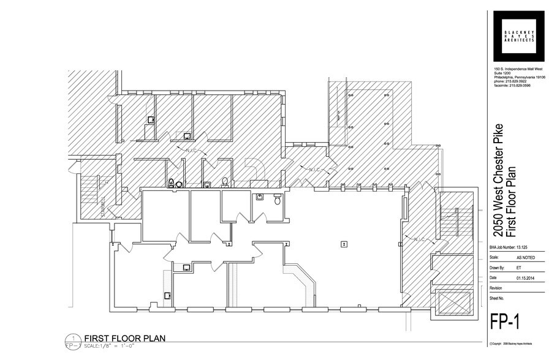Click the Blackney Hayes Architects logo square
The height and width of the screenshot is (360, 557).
520,36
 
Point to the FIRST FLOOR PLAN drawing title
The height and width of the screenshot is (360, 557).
125,338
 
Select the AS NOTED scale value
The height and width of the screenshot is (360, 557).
525,258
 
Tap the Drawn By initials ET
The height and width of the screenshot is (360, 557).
518,268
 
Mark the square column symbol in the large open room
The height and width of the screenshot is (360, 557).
345,244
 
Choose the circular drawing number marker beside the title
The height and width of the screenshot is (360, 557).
74,339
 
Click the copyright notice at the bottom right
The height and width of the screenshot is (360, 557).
511,344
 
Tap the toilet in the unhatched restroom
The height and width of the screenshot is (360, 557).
278,200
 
